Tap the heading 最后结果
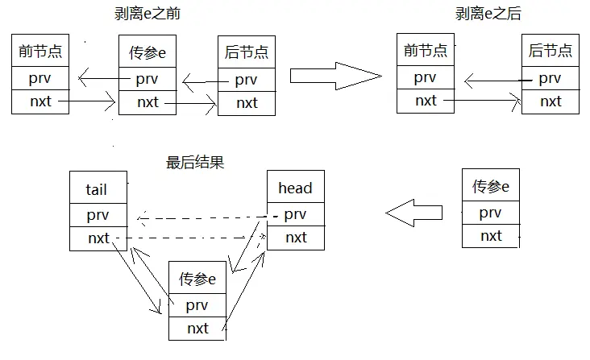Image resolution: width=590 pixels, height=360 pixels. coord(194,162)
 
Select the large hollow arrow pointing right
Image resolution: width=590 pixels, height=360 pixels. coord(334,76)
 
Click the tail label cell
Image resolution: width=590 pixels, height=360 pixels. coord(98,190)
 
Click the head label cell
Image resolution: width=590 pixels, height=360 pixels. coord(295,188)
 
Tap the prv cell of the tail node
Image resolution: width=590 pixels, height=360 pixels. coord(98,215)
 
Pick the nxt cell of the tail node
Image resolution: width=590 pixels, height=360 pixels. coord(98,238)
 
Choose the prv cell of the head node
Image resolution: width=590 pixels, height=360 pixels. coord(295,214)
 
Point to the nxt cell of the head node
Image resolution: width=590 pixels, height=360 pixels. coord(295,238)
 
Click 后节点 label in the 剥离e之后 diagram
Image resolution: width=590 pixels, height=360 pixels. coord(551,52)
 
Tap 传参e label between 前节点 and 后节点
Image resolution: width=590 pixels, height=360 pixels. coord(147,53)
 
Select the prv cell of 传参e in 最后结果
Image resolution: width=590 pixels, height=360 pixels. coord(197,305)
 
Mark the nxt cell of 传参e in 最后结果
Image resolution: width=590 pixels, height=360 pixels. coord(197,329)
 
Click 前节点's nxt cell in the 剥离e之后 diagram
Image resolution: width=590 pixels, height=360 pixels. coord(426,101)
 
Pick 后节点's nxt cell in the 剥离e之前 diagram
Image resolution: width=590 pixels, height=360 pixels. coord(247,103)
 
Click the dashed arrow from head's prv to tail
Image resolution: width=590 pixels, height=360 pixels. coord(202,217)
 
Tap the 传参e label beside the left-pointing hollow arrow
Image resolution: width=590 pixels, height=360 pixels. coord(490,187)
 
